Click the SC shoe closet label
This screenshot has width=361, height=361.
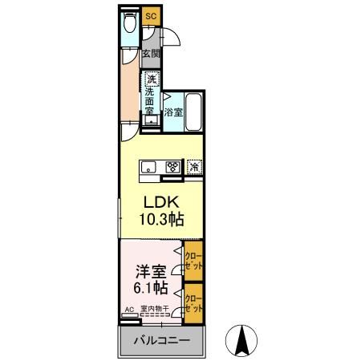point(152,15)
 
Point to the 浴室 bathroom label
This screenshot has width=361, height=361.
point(172,113)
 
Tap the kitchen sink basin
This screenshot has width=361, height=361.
point(151,167)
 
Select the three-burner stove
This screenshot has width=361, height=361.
point(172,167)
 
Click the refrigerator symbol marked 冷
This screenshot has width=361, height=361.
point(194,167)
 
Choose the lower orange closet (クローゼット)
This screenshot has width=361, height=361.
point(193,303)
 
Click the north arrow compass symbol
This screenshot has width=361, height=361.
point(239,340)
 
